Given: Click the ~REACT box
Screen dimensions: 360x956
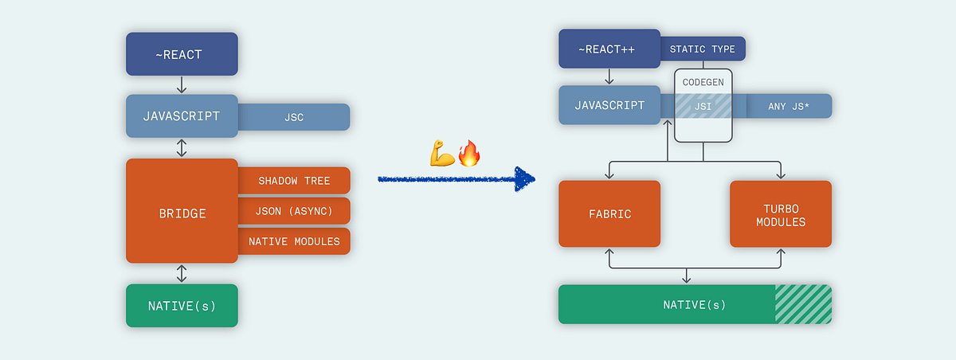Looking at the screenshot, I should [182, 54].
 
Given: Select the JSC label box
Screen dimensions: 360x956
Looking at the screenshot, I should [293, 117].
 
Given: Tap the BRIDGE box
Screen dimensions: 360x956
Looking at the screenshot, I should [182, 213].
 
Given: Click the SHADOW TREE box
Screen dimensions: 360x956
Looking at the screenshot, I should [294, 181].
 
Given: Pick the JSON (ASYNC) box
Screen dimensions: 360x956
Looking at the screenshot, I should [294, 211].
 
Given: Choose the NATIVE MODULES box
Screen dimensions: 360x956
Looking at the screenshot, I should [294, 241].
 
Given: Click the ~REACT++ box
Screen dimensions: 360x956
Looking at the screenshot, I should [609, 49].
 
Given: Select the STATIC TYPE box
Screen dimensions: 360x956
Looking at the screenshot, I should [702, 49].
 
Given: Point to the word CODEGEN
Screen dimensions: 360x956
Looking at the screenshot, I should [703, 82].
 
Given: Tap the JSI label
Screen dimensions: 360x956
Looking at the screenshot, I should [703, 106].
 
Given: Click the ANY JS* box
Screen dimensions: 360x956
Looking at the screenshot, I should [788, 106].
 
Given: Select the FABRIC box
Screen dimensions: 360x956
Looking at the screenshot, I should [609, 213].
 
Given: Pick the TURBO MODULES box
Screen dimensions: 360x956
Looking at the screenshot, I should [781, 213].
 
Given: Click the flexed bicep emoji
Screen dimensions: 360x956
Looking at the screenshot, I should [442, 154].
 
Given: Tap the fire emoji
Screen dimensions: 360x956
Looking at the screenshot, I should [469, 153].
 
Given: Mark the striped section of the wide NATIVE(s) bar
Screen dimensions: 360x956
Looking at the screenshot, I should [803, 304].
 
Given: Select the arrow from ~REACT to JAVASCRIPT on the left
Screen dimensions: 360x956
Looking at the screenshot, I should [182, 85].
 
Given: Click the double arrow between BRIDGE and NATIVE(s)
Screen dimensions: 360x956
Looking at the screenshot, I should [182, 273].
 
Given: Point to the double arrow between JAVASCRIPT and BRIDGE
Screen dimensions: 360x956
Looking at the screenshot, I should [182, 147].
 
